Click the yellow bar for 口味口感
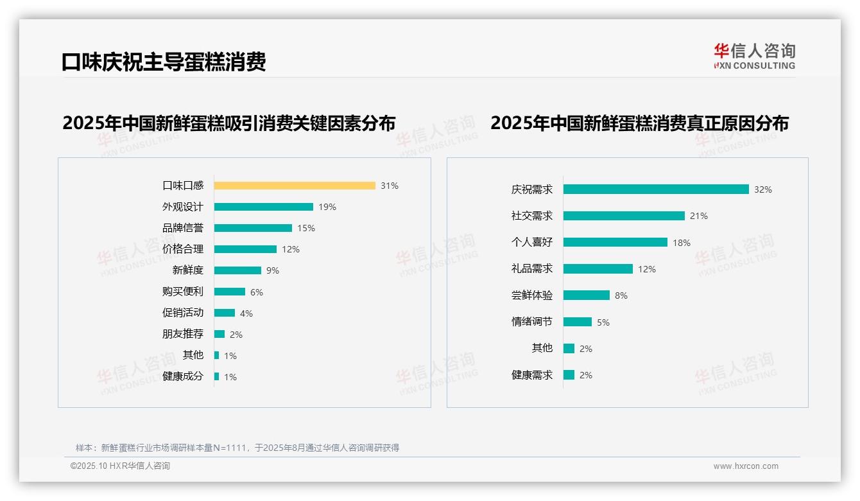tap(295, 186)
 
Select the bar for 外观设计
tap(264, 207)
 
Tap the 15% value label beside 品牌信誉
tap(306, 228)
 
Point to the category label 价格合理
tap(183, 249)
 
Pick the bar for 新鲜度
tap(237, 270)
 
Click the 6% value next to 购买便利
tap(257, 292)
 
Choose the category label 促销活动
tap(183, 313)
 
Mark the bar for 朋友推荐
tap(219, 334)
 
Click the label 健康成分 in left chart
tap(183, 376)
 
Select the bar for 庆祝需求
tap(656, 189)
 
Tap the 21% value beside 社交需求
tap(699, 216)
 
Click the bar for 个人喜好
tap(615, 242)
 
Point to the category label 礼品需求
tap(532, 268)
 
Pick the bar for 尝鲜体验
tap(587, 295)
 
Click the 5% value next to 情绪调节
tap(603, 322)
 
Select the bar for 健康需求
tap(569, 375)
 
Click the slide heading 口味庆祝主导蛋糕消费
tap(164, 62)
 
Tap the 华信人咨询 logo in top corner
tap(754, 57)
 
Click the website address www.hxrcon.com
tap(746, 466)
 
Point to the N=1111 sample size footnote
tap(237, 448)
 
